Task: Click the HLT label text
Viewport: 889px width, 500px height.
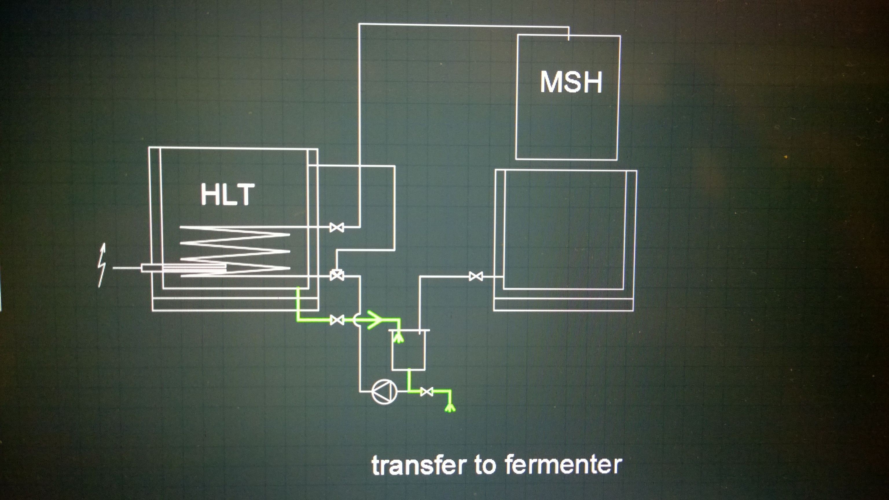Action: click(x=227, y=195)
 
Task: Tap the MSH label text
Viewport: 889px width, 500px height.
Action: click(x=571, y=82)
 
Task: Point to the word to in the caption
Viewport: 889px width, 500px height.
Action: click(x=486, y=465)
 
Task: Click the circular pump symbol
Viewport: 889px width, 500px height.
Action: click(x=384, y=391)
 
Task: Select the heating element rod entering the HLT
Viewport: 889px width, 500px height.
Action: click(x=183, y=268)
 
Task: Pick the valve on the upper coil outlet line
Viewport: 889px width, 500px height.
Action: click(x=337, y=227)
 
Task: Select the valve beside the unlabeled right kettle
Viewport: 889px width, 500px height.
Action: click(x=476, y=276)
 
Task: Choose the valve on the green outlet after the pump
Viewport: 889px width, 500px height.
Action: click(x=427, y=392)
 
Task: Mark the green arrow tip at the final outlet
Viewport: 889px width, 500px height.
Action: click(x=449, y=408)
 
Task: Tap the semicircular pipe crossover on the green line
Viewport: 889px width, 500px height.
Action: click(x=357, y=320)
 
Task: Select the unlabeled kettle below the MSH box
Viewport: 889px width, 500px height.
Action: click(x=565, y=238)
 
